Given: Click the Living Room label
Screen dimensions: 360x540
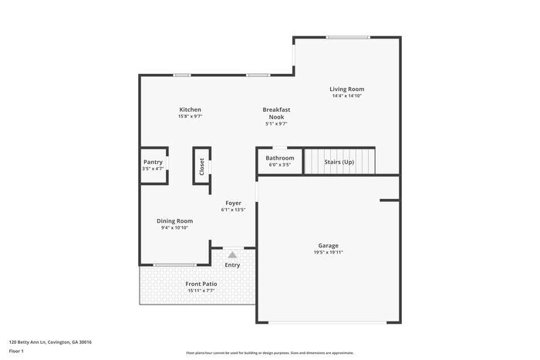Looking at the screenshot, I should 347,89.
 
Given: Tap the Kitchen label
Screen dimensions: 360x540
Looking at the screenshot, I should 191,109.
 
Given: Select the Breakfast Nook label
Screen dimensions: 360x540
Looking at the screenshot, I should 276,113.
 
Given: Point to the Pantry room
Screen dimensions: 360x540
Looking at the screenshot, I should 153,163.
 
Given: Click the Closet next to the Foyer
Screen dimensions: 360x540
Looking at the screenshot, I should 202,166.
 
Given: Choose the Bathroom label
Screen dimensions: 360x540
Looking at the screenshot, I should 280,158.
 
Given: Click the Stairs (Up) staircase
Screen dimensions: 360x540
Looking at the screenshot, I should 339,162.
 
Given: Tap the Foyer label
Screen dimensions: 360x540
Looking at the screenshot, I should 233,203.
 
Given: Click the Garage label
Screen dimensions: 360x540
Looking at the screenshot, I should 328,245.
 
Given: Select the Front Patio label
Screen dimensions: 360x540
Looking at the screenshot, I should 201,284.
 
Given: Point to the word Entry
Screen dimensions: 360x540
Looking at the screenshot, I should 232,265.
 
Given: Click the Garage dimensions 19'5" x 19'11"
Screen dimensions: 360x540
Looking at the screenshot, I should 328,252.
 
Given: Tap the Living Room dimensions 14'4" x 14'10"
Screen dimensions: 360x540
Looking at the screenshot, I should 347,96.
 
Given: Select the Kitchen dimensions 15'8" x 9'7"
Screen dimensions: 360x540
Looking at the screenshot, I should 191,116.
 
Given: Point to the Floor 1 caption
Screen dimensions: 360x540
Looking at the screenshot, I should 16,351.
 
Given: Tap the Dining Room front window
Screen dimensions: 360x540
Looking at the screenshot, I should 174,265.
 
